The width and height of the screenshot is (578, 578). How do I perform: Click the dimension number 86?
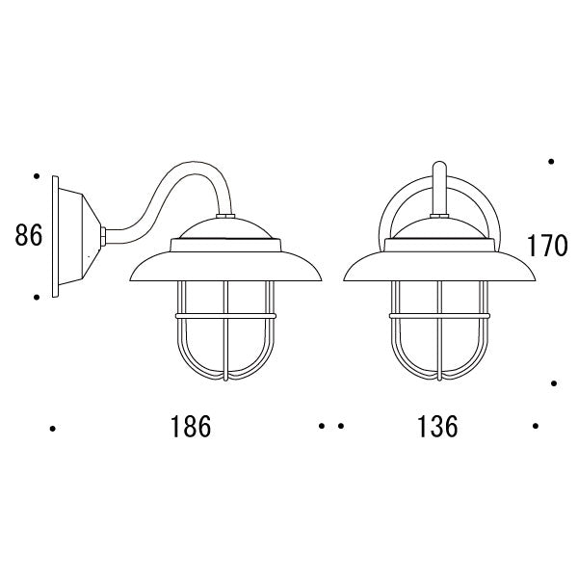pos(29,236)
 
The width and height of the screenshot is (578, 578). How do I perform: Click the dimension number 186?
pos(191,427)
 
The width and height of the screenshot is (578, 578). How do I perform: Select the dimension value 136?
pos(437,427)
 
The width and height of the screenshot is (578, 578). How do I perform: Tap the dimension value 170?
pos(547,246)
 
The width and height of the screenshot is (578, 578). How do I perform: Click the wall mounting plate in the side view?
pos(55,236)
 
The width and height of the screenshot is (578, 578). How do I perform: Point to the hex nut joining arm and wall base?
pos(104,236)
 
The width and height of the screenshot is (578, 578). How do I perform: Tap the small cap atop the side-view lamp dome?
pos(225,216)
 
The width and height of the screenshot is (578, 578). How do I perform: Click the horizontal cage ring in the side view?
pos(225,316)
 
